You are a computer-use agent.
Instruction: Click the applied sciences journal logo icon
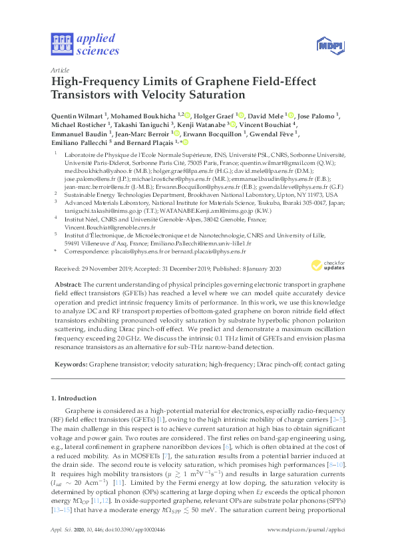(61, 43)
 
